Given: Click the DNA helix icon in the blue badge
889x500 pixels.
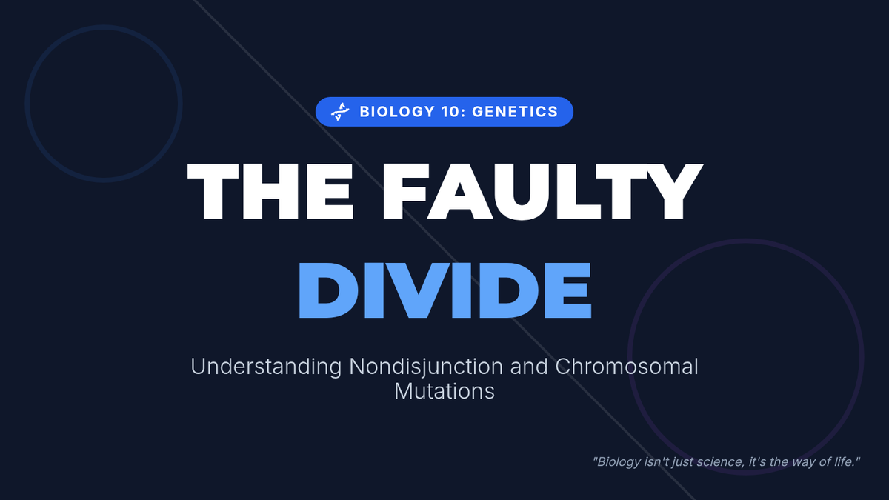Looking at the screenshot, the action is click(340, 112).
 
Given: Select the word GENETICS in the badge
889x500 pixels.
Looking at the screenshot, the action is click(515, 112).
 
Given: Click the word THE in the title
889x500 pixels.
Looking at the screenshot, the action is click(270, 191).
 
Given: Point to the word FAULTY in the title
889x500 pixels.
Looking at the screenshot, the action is click(542, 191).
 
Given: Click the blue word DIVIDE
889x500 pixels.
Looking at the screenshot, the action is click(445, 290).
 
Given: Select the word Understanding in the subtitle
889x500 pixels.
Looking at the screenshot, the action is click(266, 367).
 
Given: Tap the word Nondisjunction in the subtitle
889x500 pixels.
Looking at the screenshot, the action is click(426, 367).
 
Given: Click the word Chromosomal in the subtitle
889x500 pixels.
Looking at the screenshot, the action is click(626, 366).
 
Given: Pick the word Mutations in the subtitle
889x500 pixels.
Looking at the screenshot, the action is click(444, 391).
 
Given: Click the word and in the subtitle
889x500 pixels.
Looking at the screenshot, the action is click(529, 366).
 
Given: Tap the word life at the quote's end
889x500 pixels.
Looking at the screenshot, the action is click(842, 462).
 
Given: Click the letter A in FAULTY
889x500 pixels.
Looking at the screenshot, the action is click(459, 191).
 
